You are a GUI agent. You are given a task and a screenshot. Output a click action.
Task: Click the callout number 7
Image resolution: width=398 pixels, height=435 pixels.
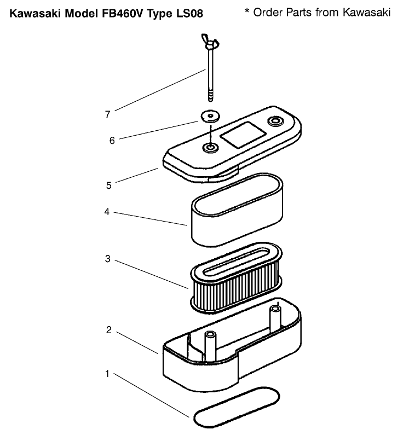click(x=108, y=114)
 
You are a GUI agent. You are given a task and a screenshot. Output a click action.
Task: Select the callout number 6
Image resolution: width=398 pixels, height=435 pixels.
click(x=112, y=140)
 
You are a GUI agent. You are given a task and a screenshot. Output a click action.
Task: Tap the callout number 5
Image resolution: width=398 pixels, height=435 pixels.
click(x=109, y=185)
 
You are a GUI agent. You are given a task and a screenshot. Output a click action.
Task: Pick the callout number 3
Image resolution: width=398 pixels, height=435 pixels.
click(x=108, y=259)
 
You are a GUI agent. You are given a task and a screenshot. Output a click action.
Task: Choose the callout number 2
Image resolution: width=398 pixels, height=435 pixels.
click(x=108, y=330)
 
